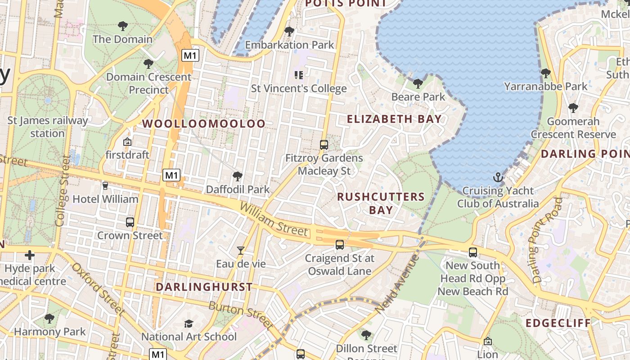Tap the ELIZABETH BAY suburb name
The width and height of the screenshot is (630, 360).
(394, 119)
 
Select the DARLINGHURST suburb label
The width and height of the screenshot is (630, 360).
(204, 287)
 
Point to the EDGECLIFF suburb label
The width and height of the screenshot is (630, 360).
(558, 323)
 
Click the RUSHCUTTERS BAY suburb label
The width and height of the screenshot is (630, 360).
(381, 203)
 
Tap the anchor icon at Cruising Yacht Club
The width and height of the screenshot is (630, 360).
(498, 177)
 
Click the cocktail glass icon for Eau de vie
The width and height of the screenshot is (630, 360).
(241, 251)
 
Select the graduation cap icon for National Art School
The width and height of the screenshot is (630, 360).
(189, 324)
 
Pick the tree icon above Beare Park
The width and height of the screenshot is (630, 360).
(418, 83)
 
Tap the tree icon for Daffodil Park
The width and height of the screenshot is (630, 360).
(237, 176)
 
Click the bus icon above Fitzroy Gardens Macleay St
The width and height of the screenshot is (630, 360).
(324, 145)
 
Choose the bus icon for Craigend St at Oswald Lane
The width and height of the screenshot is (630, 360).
(339, 245)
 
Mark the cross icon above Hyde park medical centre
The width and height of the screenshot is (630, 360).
(30, 256)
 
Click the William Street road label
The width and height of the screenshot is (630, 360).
(274, 219)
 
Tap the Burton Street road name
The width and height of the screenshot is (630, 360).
(241, 314)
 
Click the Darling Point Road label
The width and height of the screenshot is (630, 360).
(547, 240)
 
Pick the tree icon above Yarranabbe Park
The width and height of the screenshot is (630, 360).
(545, 73)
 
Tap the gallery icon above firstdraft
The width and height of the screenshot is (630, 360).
(127, 142)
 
